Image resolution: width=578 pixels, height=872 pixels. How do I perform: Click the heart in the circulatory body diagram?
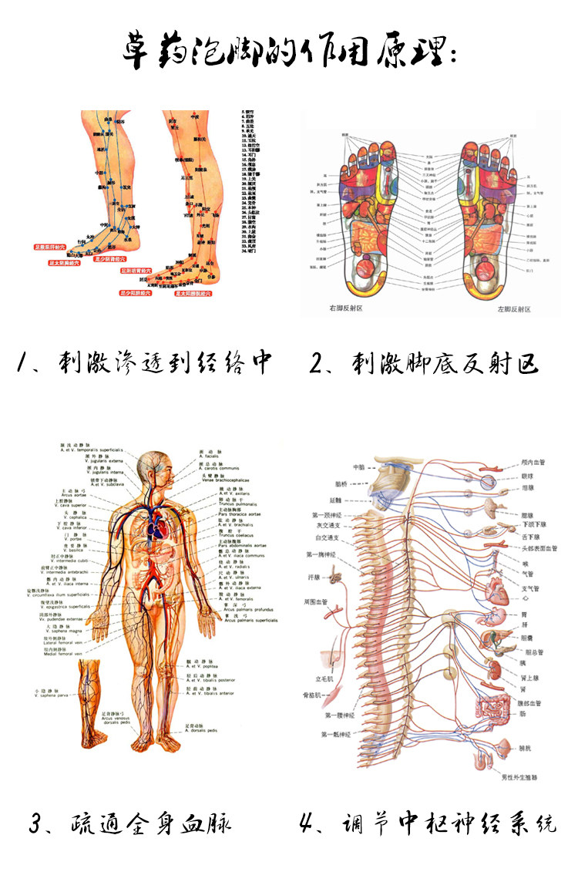point(158,529)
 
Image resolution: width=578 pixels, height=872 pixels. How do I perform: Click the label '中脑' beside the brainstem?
point(358,467)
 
